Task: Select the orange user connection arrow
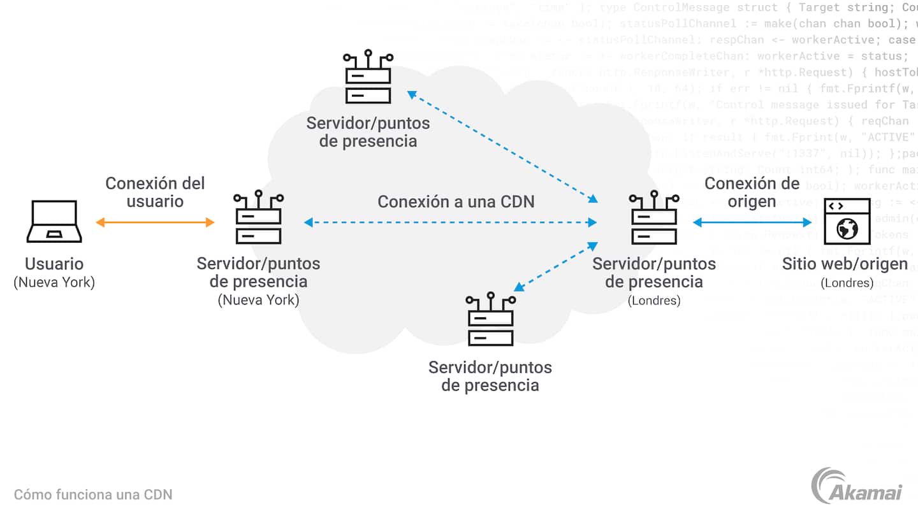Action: [x=155, y=222]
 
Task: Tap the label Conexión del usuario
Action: [x=155, y=192]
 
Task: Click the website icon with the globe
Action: [x=847, y=222]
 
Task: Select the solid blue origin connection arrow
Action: [x=752, y=222]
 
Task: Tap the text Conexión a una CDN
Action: [x=456, y=202]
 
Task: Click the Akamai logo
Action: [x=857, y=487]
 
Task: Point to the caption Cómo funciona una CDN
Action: [x=93, y=494]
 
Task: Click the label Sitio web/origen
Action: [x=845, y=264]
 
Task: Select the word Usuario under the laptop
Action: [x=54, y=264]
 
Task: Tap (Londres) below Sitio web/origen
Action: [x=847, y=283]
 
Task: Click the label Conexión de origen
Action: [x=752, y=192]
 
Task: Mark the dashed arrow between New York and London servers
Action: [x=450, y=222]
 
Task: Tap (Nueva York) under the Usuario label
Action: [x=54, y=283]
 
